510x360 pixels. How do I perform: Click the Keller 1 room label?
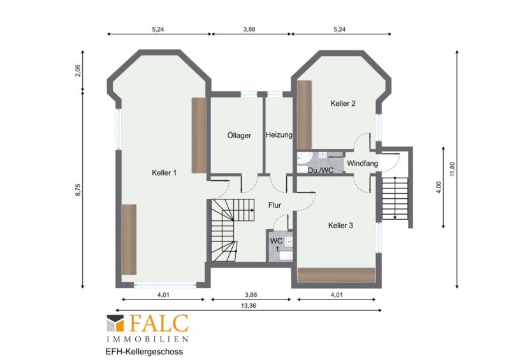pos(164,173)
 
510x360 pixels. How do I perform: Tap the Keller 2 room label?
pos(343,103)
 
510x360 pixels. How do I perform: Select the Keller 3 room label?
pos(340,226)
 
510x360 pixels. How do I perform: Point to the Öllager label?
pos(239,135)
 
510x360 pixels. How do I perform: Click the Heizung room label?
pos(279,134)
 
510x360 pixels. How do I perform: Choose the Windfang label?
pos(362,163)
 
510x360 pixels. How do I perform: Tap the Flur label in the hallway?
pos(275,205)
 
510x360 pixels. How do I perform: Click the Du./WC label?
pos(321,170)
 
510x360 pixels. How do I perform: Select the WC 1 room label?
pos(276,245)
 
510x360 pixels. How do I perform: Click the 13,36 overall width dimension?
pos(249,306)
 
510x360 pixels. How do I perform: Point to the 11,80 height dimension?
pos(453,169)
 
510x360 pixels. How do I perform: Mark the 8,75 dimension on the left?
pos(78,190)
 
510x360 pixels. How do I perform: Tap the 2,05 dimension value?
pos(78,71)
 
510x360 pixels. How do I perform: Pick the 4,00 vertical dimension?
pos(439,187)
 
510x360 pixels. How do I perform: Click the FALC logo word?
pos(159,323)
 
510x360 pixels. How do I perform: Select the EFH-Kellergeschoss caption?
pos(144,352)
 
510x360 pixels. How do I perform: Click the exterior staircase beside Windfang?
pos(395,198)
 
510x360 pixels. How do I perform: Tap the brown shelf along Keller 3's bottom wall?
pos(337,275)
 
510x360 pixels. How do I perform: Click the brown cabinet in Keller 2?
pos(305,115)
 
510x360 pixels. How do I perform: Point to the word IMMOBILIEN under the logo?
pos(148,339)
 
